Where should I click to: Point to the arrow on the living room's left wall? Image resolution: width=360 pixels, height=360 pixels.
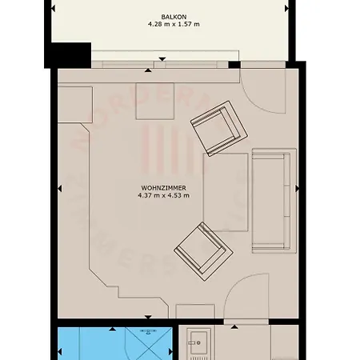(58, 189)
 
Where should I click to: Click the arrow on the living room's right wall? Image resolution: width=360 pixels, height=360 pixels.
(298, 189)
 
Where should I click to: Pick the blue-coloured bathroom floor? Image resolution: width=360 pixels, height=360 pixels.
(88, 345)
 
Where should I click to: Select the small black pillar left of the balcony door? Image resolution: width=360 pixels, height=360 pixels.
(234, 64)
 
